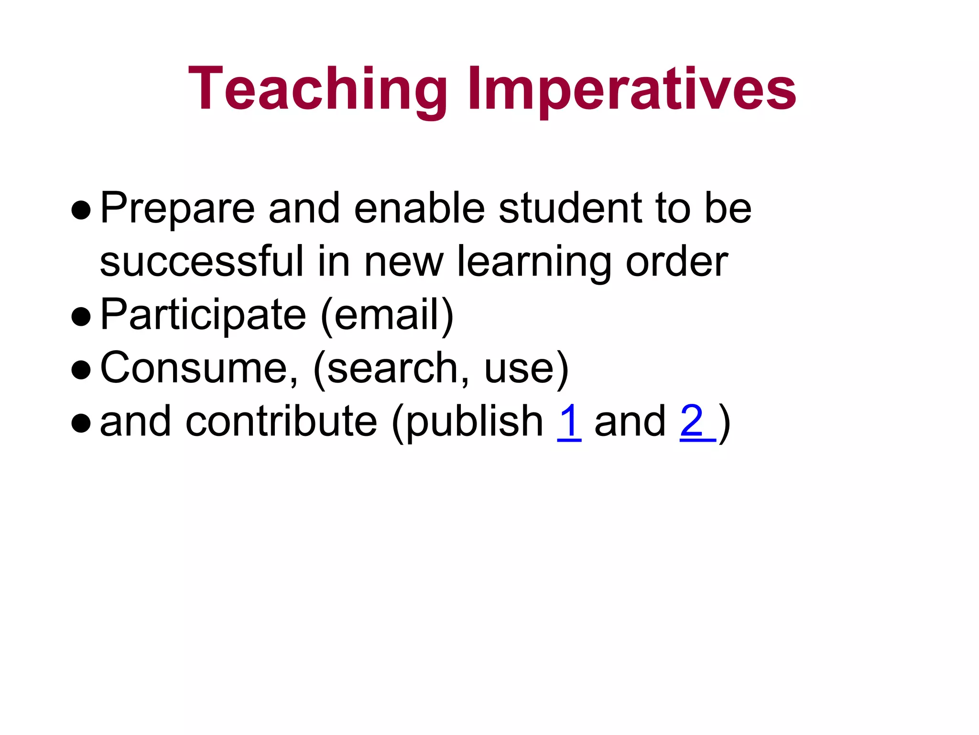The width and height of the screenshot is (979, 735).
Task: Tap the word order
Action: (676, 262)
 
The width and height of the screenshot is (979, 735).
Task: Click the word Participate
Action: (203, 315)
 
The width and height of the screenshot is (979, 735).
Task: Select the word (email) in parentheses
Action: (387, 315)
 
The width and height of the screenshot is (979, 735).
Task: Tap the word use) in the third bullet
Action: (526, 368)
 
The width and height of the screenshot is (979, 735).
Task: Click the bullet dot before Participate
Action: (81, 317)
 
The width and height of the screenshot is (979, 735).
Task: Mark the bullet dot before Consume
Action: (81, 370)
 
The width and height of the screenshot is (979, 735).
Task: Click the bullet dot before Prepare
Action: (81, 210)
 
